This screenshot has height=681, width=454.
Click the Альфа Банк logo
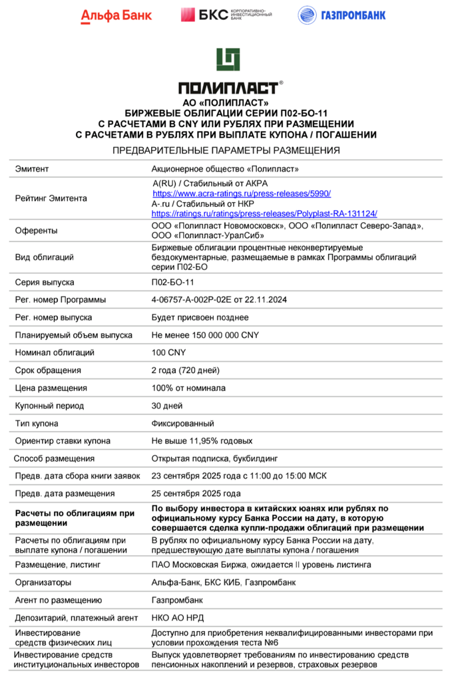click(116, 15)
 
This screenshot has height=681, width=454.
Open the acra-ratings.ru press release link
click(242, 193)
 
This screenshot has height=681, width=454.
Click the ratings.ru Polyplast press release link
click(264, 213)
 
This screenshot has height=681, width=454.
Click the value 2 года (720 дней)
click(185, 370)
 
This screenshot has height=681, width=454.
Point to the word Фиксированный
click(183, 423)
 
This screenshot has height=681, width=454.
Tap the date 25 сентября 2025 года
click(196, 493)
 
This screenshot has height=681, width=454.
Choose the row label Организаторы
click(43, 582)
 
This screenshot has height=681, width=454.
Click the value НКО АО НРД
click(178, 618)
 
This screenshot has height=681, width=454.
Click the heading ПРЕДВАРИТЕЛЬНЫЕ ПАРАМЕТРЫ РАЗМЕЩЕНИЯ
click(226, 150)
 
